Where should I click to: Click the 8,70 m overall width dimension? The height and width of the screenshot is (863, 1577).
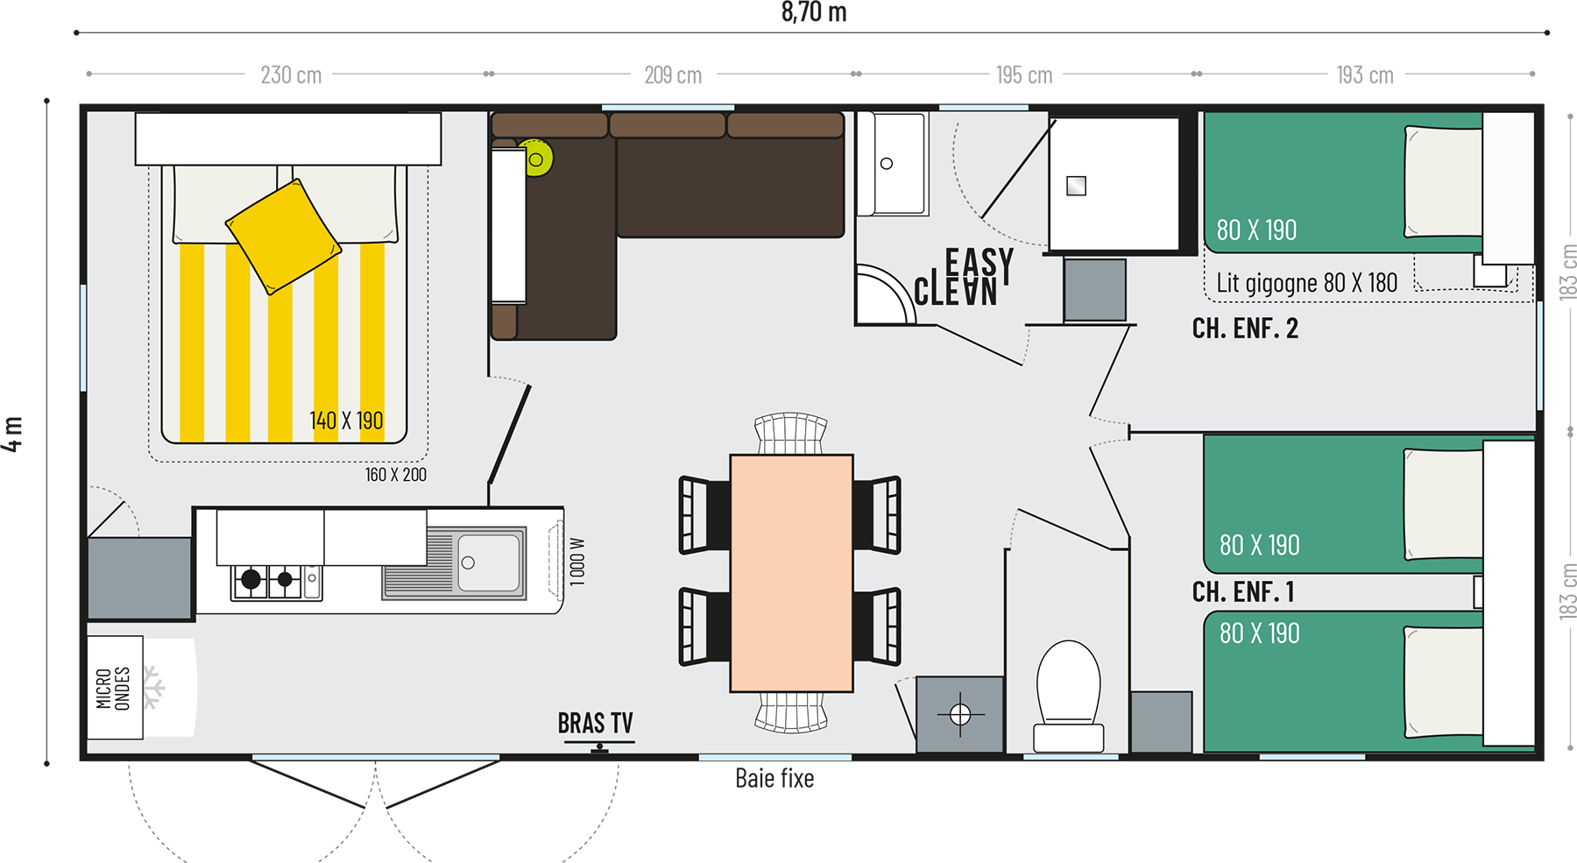(814, 12)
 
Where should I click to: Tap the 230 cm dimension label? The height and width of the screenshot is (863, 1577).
(291, 75)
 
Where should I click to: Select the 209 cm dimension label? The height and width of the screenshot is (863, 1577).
(673, 75)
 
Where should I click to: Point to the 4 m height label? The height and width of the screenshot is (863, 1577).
(12, 434)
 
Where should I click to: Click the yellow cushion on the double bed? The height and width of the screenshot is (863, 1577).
(283, 237)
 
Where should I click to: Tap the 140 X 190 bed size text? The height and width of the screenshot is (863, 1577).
(346, 421)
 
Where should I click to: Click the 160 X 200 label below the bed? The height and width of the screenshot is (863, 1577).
(396, 475)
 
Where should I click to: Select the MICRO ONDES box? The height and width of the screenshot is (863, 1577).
(115, 688)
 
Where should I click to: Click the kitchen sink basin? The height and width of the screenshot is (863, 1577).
(489, 563)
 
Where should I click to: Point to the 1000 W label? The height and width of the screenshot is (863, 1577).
(576, 562)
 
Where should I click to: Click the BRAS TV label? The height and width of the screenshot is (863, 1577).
(596, 724)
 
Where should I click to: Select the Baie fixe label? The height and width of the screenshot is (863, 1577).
(774, 778)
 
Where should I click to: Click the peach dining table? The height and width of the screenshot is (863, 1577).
(791, 573)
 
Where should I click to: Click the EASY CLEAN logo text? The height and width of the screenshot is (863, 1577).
(964, 277)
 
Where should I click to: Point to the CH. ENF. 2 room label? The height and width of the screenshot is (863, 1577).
(1245, 329)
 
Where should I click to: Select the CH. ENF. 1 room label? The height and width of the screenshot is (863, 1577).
(1243, 592)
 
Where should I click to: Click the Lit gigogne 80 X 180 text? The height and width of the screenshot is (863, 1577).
(1307, 283)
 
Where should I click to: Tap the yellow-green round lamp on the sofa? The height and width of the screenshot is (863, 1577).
(535, 159)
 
